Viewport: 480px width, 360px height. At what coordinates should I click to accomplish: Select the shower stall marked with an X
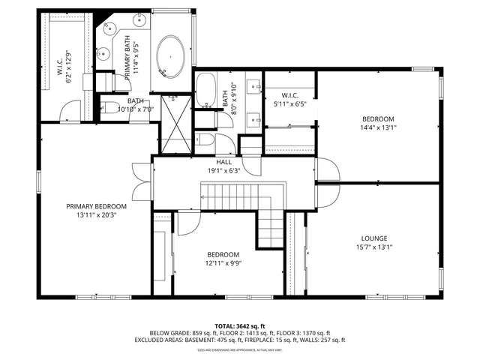(173, 120)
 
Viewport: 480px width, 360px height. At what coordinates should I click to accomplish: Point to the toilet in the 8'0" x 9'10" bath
(205, 139)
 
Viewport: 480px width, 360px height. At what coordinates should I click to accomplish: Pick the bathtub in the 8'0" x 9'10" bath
(206, 91)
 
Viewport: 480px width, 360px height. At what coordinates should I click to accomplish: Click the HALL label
(223, 161)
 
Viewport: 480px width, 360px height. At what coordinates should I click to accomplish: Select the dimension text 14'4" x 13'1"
(379, 127)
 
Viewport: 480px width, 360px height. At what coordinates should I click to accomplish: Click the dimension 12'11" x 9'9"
(223, 262)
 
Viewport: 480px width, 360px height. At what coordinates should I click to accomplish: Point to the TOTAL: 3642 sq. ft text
(239, 325)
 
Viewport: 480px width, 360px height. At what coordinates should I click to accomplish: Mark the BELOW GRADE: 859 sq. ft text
(181, 332)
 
